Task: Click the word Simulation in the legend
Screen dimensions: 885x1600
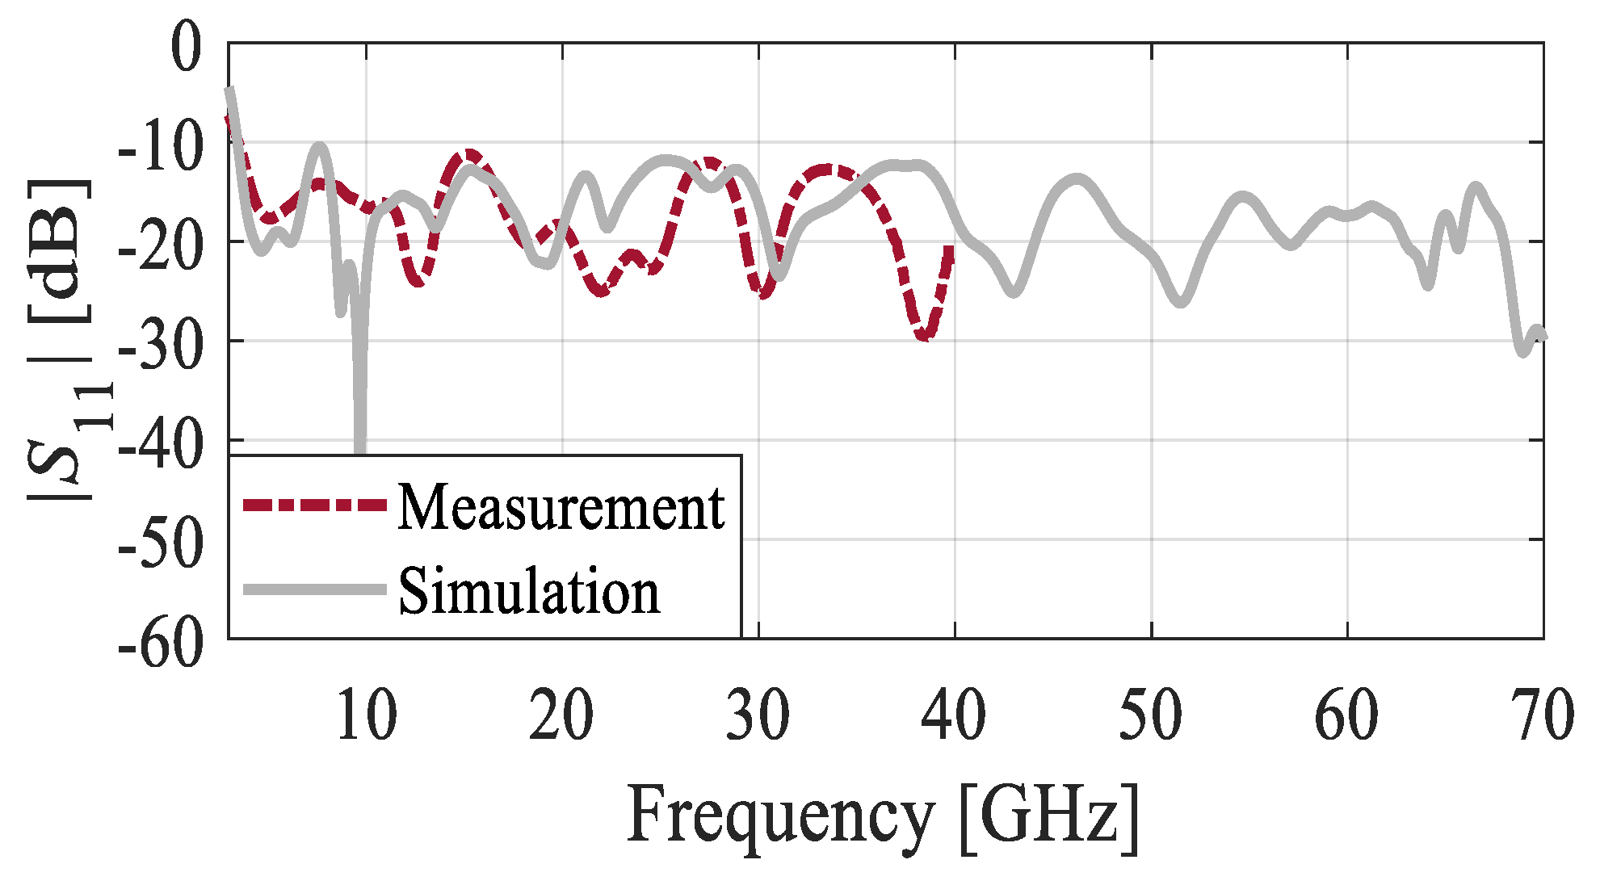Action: (529, 591)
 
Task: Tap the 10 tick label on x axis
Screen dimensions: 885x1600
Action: (366, 715)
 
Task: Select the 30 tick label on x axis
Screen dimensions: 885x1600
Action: (758, 715)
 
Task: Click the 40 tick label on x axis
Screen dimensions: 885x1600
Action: (954, 715)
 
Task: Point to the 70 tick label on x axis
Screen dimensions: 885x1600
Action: (1543, 715)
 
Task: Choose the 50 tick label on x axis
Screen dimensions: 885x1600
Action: (1150, 715)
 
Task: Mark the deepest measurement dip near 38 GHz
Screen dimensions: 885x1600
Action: (925, 336)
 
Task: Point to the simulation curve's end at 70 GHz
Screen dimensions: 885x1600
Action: (1542, 335)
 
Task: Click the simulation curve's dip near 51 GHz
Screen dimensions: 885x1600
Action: (1181, 302)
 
